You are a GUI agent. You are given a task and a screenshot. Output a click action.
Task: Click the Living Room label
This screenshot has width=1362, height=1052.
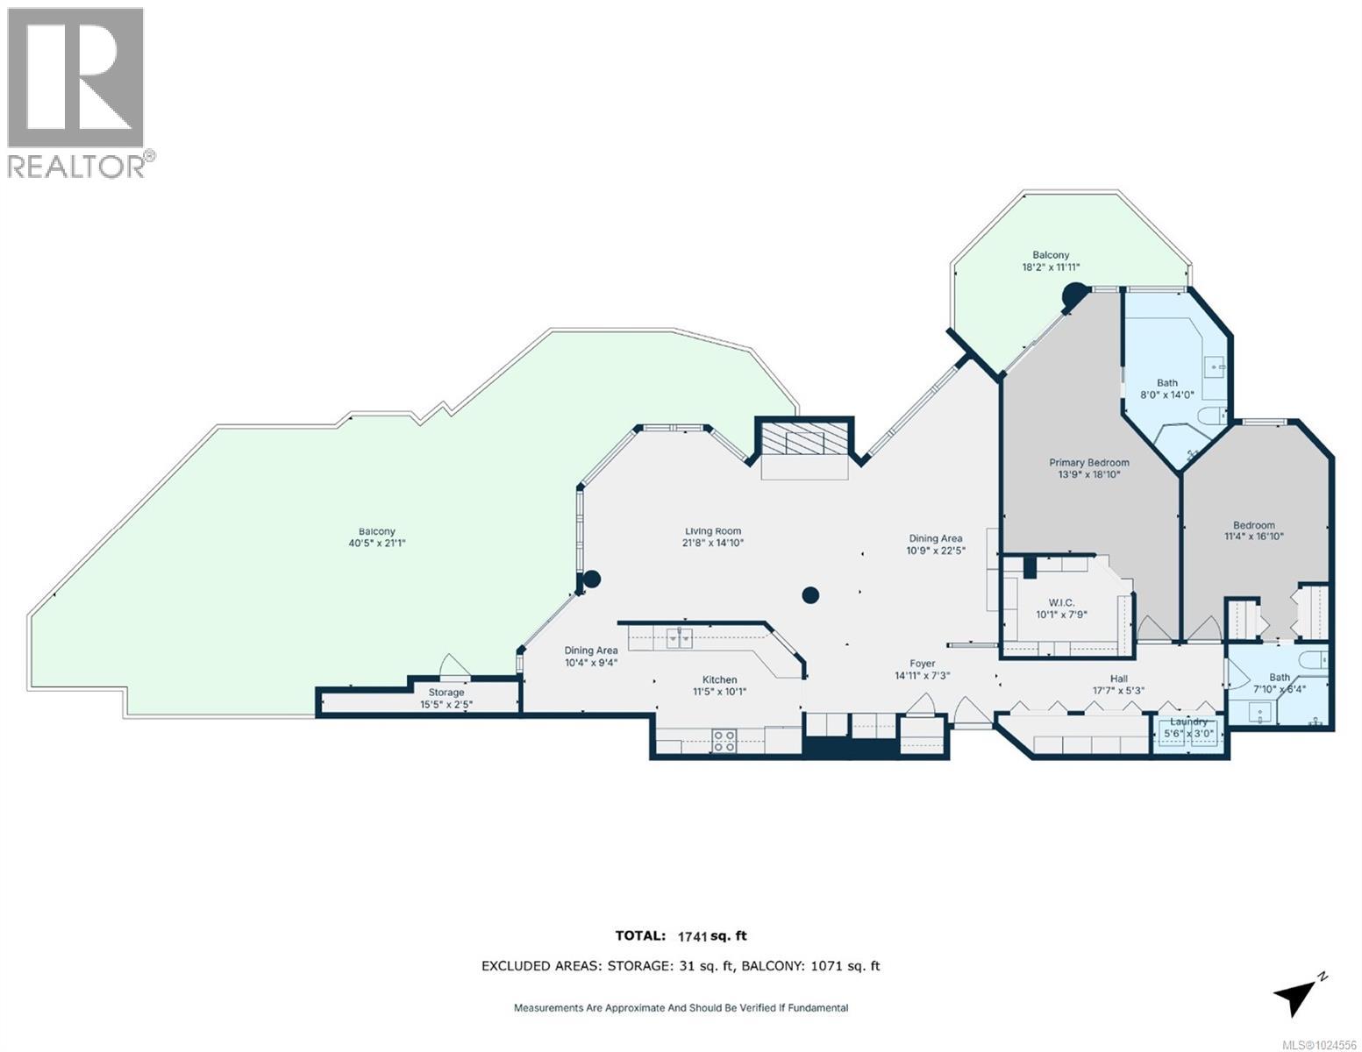point(712,530)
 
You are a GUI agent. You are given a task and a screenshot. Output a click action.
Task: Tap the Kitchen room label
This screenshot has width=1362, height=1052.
point(719,679)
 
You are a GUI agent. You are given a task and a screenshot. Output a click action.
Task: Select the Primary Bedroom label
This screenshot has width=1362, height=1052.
point(1089,462)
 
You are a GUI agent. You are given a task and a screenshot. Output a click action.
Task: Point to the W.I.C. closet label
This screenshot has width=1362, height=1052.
point(1061,602)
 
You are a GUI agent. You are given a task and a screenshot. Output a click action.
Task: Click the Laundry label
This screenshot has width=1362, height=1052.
point(1187,721)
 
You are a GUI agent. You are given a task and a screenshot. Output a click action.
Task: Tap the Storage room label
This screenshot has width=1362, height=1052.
point(446,693)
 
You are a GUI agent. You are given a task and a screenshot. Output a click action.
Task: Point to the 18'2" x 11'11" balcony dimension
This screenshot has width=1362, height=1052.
point(1051,267)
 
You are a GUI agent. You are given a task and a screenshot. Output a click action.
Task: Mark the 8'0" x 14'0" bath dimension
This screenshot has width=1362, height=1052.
point(1166,394)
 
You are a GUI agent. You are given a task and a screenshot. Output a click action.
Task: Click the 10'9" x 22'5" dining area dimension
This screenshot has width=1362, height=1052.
point(936,551)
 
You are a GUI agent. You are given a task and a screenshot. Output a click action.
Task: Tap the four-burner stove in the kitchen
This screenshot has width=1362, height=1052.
point(724,741)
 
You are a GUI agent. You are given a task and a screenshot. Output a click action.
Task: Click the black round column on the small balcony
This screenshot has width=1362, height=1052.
point(1073,295)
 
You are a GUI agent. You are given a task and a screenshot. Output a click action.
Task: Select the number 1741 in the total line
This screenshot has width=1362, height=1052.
point(693,936)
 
